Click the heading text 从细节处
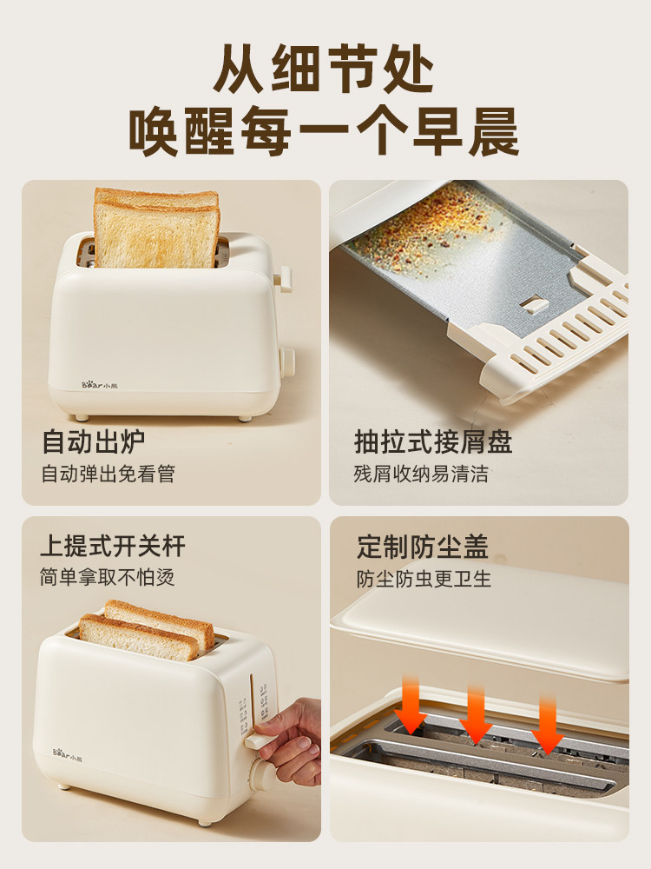click(325, 67)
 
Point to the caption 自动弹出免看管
click(108, 474)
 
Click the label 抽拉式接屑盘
click(433, 441)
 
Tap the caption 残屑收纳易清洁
click(421, 474)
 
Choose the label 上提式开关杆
click(112, 546)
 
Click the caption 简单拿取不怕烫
click(107, 577)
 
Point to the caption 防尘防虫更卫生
click(424, 578)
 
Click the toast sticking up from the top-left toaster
click(156, 228)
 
